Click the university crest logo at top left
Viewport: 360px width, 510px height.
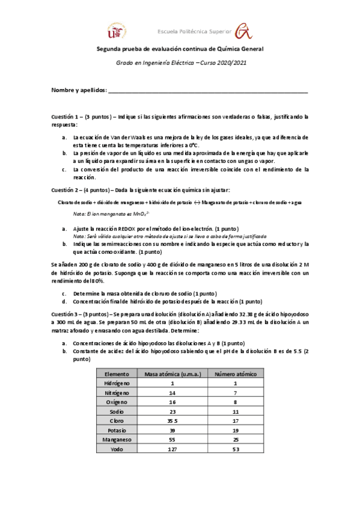tap(118, 31)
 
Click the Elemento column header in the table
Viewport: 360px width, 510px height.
tap(117, 373)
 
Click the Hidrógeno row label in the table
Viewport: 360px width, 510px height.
tap(117, 383)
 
